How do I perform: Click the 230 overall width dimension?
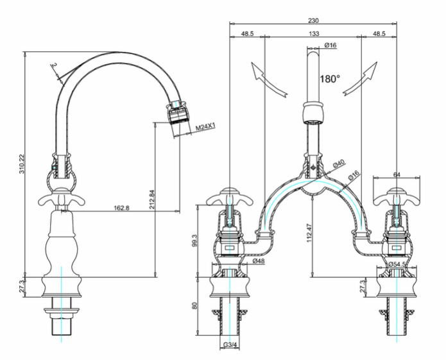tap(313, 21)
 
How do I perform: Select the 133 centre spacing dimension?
tap(313, 33)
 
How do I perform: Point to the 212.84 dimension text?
tap(152, 200)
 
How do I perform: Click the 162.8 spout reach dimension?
tap(121, 208)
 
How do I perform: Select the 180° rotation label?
tap(330, 79)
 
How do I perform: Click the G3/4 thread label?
tap(230, 345)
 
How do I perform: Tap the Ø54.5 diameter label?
tap(397, 264)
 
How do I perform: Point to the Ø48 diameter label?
tap(259, 261)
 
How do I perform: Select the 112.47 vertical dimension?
tap(310, 233)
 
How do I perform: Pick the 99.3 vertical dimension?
tap(195, 241)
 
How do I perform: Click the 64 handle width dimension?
tap(397, 175)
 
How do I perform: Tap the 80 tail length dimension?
tap(194, 306)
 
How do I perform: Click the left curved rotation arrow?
tap(268, 80)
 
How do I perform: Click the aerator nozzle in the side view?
tap(177, 112)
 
